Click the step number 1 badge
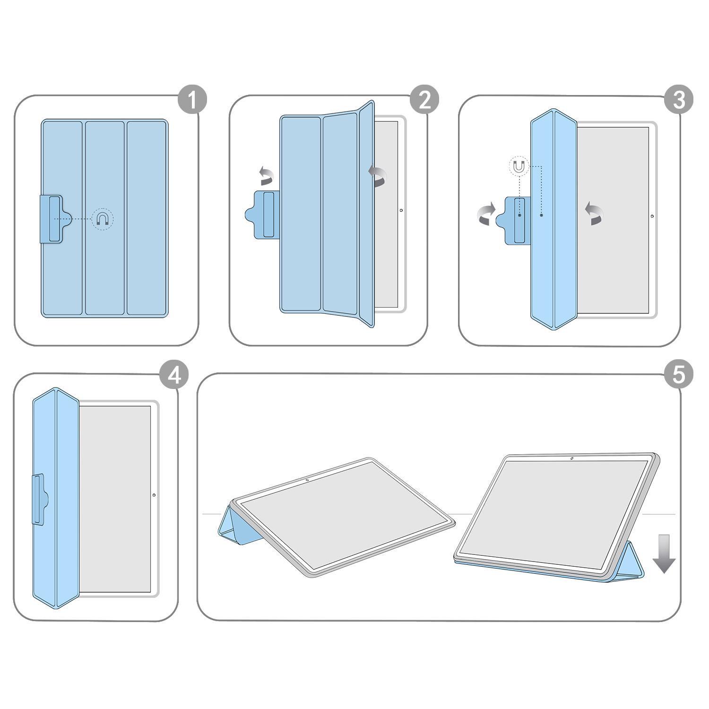192,100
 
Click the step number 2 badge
424,100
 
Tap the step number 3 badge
678,100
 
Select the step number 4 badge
174,376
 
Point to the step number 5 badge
678,376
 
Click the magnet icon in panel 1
103,219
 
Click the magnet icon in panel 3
519,166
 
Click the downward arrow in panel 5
664,553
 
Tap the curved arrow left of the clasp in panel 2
267,176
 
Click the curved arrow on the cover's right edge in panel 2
378,176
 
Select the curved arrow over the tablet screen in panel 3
594,214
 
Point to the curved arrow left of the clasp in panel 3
485,214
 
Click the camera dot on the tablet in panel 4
154,495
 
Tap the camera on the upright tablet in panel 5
571,458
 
